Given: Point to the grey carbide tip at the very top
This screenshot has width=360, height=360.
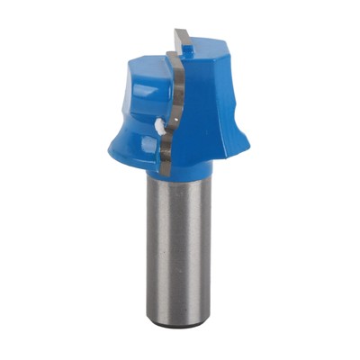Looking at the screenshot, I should click(x=183, y=40).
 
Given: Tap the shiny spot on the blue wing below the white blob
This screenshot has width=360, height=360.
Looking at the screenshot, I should click(x=144, y=144).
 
